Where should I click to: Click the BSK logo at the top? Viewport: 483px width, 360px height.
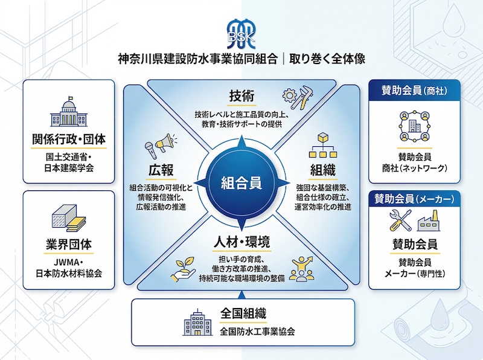point(241,34)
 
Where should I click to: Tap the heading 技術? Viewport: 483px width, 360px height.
point(241,96)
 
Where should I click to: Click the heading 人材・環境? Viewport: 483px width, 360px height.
point(241,242)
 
